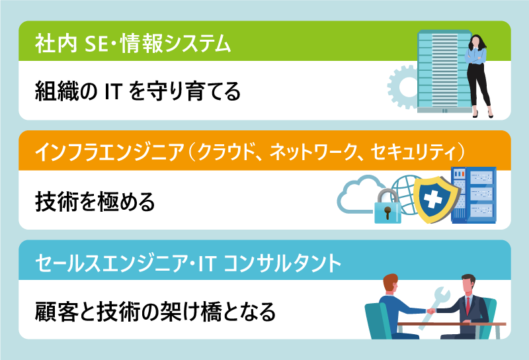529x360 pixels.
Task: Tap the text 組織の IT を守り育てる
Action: click(138, 91)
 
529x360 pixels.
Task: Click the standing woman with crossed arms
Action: click(477, 73)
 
